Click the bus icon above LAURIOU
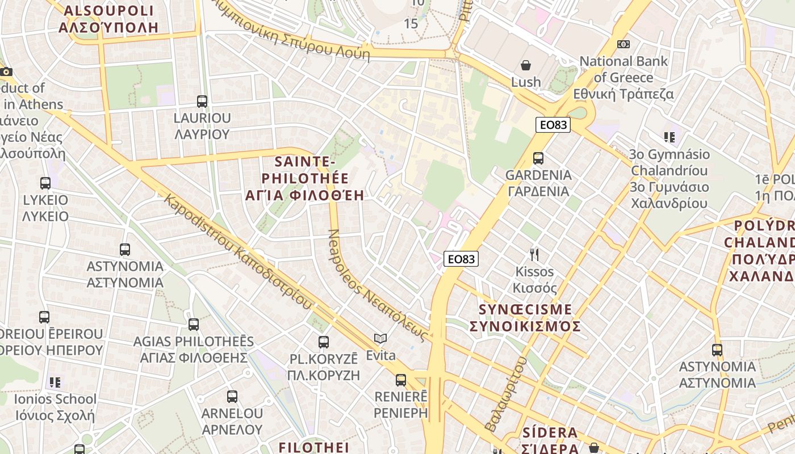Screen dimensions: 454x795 (x=202, y=102)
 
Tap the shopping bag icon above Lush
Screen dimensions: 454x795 (x=526, y=65)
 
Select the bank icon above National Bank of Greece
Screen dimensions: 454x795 (x=624, y=44)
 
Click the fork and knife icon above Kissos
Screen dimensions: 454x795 (x=534, y=254)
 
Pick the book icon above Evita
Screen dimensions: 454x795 (x=380, y=339)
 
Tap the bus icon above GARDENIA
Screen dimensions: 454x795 (x=538, y=158)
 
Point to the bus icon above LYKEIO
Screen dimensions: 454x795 (x=45, y=183)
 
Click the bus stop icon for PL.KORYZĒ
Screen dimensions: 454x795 (x=324, y=342)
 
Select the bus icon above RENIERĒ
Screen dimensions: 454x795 (x=401, y=380)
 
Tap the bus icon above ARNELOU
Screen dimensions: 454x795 (x=232, y=396)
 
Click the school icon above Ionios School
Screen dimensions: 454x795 (x=55, y=382)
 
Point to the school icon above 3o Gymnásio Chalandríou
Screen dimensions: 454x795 (x=670, y=137)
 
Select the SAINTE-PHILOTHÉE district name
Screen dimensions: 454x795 (x=304, y=178)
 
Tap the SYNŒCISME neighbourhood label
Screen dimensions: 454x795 (x=525, y=318)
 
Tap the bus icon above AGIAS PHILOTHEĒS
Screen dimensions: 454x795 (x=194, y=325)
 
